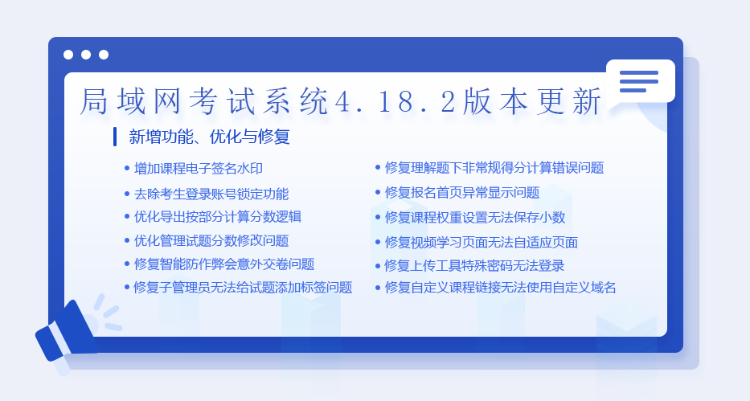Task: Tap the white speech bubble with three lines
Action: tap(640, 81)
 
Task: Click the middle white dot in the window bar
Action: tap(86, 55)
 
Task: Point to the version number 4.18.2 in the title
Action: tap(395, 101)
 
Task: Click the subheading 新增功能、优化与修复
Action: tap(209, 137)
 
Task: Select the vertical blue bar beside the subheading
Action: tap(115, 137)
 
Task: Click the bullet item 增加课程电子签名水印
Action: tap(198, 168)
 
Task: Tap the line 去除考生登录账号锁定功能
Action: tap(211, 194)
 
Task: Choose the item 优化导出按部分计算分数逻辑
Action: tap(218, 216)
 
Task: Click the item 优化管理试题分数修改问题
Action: tap(211, 240)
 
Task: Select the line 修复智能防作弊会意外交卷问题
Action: tap(223, 264)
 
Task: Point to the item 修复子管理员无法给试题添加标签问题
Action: tap(243, 287)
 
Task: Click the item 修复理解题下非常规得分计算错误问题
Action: tap(494, 168)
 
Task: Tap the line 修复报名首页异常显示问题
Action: tap(462, 193)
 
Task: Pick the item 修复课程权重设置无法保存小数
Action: tap(475, 218)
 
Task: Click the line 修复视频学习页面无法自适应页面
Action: tap(482, 243)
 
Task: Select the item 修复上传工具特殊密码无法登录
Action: tap(474, 265)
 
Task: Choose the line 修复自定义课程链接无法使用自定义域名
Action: tap(500, 287)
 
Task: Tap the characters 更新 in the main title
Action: tap(568, 101)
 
